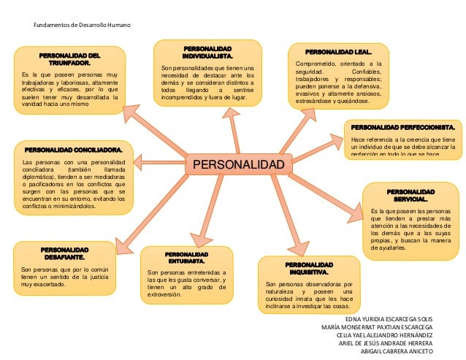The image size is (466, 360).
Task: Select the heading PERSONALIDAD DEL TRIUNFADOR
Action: [x=69, y=59]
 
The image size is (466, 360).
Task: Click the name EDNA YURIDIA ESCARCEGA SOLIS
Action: [x=388, y=319]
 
